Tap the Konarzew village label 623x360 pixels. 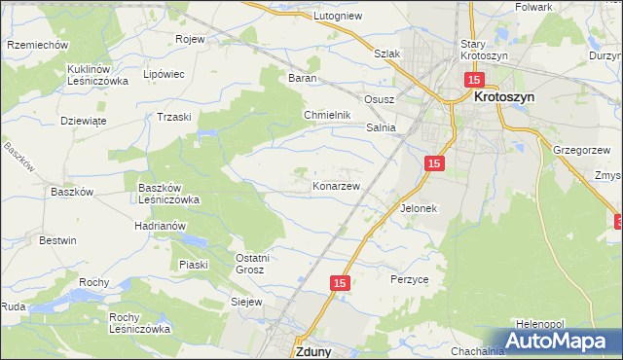[337, 185]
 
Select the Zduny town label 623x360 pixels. [311, 352]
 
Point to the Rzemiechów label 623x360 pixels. [36, 45]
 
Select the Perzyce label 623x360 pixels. [410, 278]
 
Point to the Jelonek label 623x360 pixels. [420, 208]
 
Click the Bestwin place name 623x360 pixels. [57, 239]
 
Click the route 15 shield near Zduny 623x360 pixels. [339, 283]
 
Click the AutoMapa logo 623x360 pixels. [558, 341]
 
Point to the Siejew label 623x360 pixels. [247, 303]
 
